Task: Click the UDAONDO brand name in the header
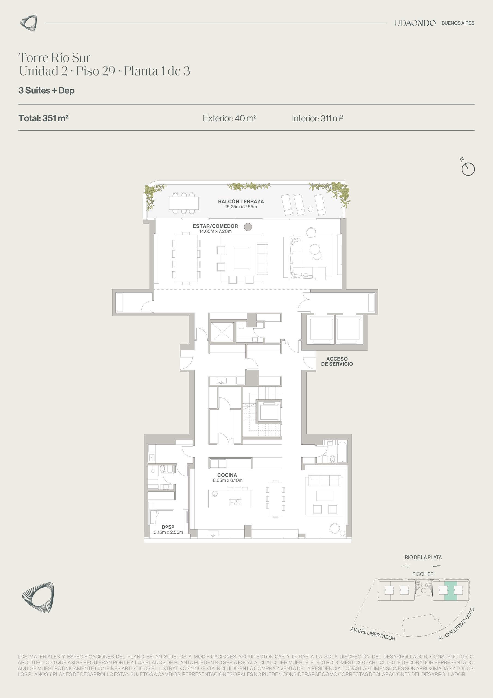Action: tap(415, 23)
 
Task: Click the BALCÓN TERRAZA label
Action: tap(241, 201)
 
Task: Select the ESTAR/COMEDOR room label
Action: tap(215, 226)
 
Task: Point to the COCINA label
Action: tap(227, 475)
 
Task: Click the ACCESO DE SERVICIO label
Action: tap(337, 361)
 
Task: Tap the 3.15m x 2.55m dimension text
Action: tap(168, 532)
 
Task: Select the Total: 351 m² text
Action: tap(43, 118)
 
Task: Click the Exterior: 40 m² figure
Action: tap(230, 118)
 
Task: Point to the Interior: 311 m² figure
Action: tap(317, 118)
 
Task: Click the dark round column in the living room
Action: tap(248, 227)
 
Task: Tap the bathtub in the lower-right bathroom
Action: tap(342, 452)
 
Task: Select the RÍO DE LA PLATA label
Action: tap(423, 557)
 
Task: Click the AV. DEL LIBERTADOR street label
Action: tap(373, 634)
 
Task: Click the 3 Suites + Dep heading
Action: tap(47, 91)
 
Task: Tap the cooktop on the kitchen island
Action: tap(235, 503)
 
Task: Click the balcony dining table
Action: tap(184, 203)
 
